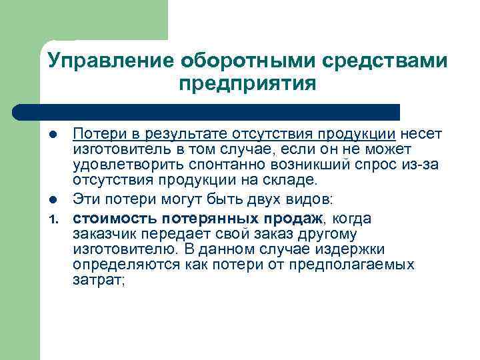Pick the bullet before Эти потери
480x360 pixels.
(58, 199)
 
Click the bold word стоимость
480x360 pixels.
(112, 218)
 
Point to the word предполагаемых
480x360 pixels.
(364, 264)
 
